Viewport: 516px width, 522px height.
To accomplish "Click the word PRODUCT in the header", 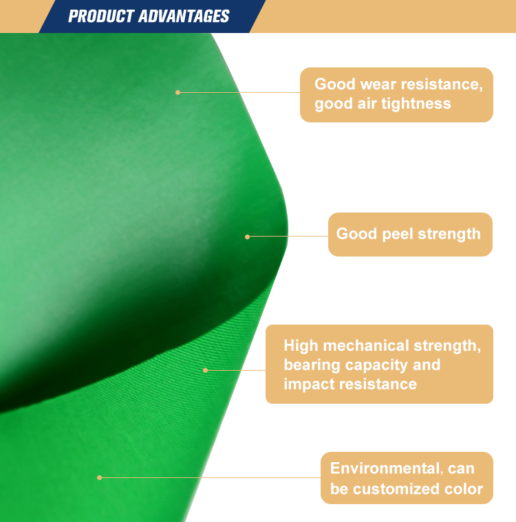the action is [x=101, y=16].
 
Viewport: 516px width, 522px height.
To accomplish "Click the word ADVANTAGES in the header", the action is [x=184, y=16].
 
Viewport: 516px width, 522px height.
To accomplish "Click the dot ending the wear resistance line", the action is [x=178, y=93].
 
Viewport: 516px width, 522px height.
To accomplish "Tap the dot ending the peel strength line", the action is [x=247, y=237].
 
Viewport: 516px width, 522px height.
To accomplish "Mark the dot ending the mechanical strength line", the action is [x=205, y=370].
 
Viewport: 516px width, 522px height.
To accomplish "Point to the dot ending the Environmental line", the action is [x=99, y=478].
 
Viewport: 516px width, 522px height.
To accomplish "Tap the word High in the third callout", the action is [x=301, y=345].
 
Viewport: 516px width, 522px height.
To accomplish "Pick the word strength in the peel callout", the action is [x=449, y=234].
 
